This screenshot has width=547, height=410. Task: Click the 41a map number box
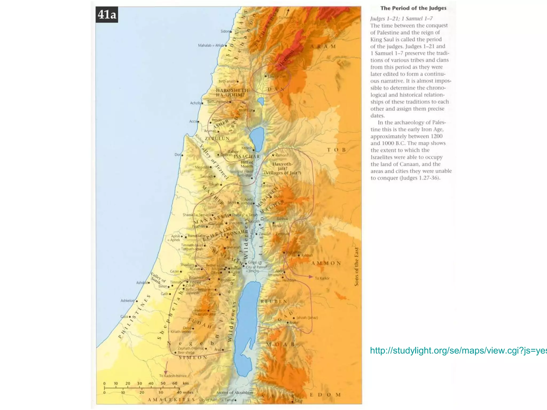click(107, 14)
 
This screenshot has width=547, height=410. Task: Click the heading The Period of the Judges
click(413, 8)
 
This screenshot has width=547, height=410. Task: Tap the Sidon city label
click(225, 31)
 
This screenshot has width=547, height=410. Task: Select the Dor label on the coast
click(178, 155)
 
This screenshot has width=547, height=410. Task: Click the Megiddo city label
click(202, 167)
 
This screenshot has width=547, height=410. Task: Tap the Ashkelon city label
click(127, 301)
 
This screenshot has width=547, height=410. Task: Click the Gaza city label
click(124, 317)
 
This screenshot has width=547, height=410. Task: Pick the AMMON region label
click(326, 263)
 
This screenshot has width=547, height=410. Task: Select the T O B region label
click(337, 150)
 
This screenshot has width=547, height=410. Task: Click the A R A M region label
click(323, 46)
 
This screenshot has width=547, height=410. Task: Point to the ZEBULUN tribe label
click(217, 139)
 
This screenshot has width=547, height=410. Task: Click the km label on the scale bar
click(186, 383)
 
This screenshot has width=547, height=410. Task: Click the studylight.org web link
click(458, 350)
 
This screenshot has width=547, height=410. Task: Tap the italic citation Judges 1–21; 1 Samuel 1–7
click(401, 18)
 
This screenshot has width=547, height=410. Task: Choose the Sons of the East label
click(356, 267)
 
